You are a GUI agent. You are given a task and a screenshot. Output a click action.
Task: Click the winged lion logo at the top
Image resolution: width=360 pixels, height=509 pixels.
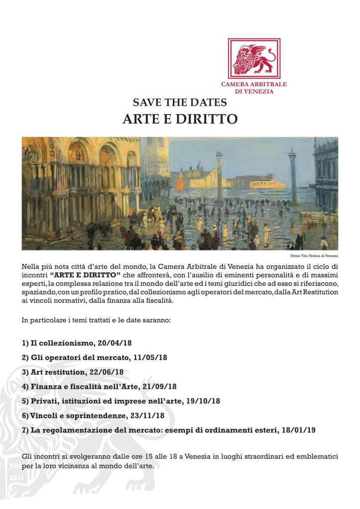[254, 58]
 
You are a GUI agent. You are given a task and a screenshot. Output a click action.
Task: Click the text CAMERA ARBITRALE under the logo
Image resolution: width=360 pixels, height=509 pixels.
[254, 85]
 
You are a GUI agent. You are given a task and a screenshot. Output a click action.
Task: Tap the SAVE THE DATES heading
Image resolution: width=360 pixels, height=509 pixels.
[180, 103]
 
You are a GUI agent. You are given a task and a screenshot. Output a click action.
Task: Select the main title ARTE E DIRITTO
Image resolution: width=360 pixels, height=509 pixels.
[180, 120]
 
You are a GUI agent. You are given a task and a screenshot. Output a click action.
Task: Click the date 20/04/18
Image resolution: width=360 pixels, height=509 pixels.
[115, 344]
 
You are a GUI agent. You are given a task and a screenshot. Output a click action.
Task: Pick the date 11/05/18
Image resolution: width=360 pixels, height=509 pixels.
[150, 358]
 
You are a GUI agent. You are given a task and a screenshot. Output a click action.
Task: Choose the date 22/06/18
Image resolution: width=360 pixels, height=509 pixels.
[107, 372]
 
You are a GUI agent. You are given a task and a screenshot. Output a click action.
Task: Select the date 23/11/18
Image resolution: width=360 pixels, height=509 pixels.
[148, 415]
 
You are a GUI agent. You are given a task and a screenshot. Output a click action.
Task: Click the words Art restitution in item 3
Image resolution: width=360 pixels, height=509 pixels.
[57, 372]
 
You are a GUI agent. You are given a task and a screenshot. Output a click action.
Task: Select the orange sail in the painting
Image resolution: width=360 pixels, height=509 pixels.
[180, 182]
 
